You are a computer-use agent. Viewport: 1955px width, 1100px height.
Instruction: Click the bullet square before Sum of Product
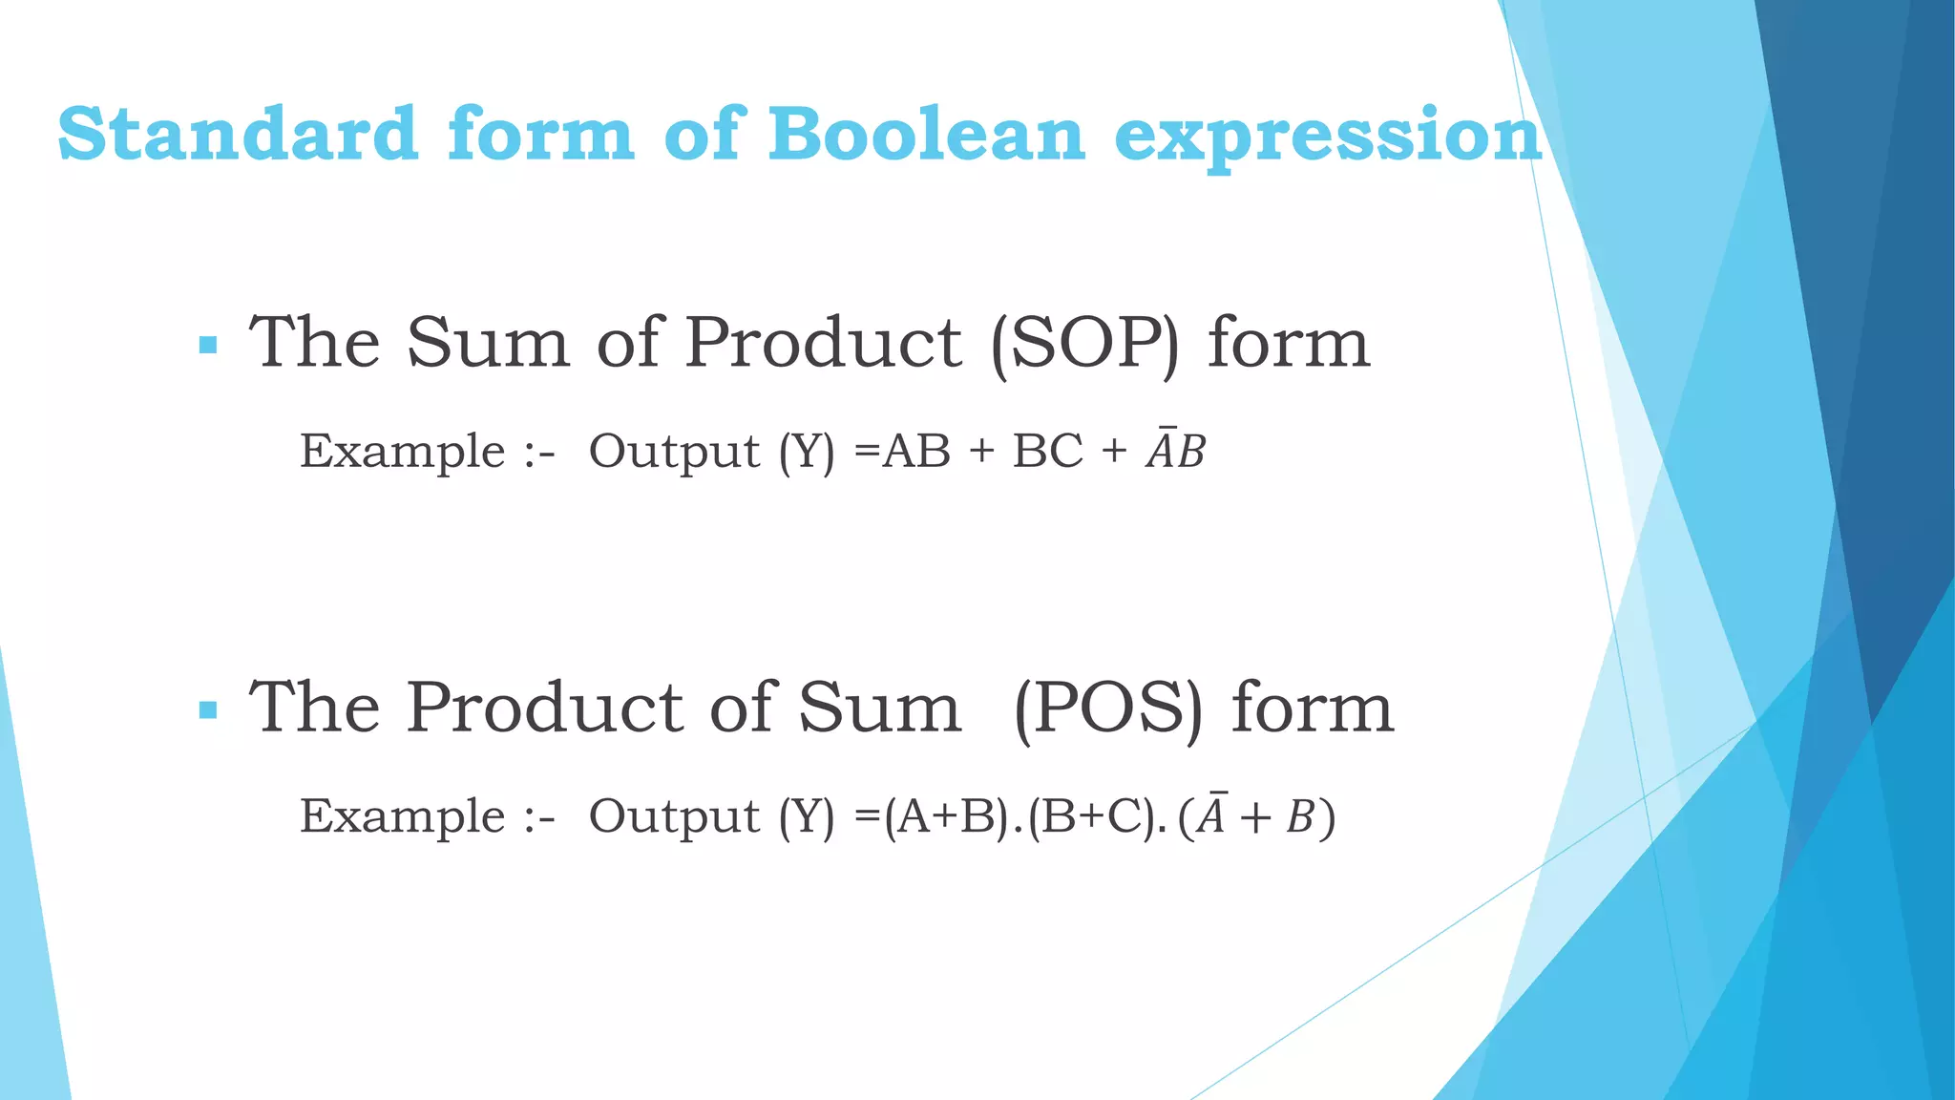tap(208, 345)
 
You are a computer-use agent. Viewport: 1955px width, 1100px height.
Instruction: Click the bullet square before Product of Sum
tap(208, 709)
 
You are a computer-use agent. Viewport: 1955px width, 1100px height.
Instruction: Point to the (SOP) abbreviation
tap(1085, 344)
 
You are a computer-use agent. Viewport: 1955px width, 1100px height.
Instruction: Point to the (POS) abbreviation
tap(1108, 709)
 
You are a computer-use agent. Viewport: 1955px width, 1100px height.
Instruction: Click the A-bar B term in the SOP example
tap(1176, 451)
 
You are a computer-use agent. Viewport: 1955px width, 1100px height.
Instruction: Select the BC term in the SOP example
tap(1047, 451)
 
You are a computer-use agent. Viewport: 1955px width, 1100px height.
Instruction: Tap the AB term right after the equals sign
tap(916, 451)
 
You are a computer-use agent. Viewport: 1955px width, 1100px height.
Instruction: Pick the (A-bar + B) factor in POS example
tap(1256, 816)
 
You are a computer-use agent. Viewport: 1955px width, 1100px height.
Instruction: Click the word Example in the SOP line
tap(402, 452)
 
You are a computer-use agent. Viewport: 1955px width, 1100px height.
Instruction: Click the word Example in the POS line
tap(402, 816)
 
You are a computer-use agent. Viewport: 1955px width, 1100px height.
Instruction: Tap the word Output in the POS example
tap(674, 816)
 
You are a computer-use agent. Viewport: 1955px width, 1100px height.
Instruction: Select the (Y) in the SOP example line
tap(807, 452)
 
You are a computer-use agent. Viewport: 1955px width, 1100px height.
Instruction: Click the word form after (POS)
tap(1313, 709)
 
